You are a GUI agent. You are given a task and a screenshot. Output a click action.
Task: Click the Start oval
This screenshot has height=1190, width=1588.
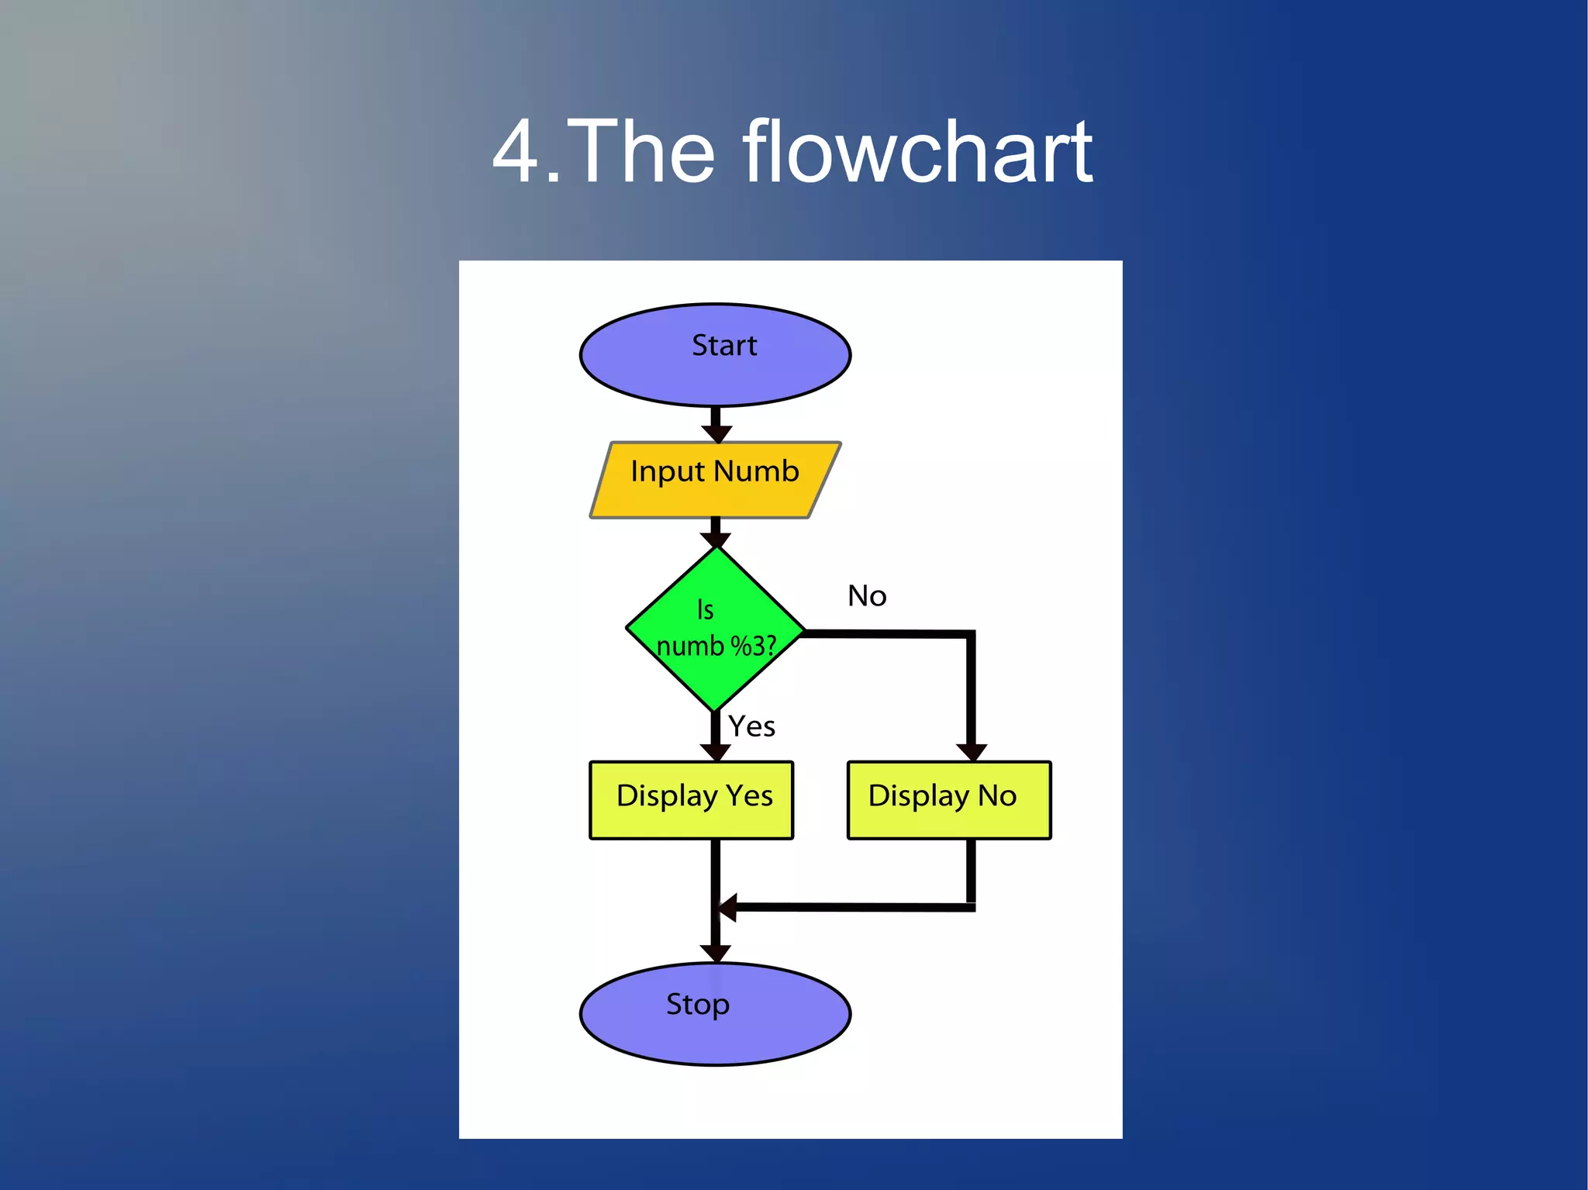(x=715, y=354)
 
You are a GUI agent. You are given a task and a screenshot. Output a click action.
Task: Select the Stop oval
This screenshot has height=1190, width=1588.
(x=715, y=1013)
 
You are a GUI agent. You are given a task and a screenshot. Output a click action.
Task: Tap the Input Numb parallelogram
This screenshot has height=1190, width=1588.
(x=715, y=480)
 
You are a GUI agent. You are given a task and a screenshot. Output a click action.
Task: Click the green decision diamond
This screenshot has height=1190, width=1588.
(x=715, y=629)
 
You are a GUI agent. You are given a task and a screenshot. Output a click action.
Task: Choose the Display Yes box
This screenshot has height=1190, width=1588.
(x=691, y=800)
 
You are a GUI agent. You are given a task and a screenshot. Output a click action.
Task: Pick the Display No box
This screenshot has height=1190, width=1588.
(x=949, y=800)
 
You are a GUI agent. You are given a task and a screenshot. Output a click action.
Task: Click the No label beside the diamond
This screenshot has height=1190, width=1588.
(x=867, y=596)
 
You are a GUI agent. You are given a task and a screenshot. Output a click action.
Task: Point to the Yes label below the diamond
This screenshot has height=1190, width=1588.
(x=751, y=727)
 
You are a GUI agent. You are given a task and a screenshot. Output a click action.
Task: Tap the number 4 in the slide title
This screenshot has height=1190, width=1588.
(x=516, y=152)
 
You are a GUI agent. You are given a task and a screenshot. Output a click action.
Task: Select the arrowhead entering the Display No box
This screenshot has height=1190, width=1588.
(x=971, y=751)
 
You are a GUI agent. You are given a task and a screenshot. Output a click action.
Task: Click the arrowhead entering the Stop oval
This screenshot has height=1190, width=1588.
(x=715, y=953)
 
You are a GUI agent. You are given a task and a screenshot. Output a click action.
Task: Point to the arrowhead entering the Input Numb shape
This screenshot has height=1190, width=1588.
(x=716, y=433)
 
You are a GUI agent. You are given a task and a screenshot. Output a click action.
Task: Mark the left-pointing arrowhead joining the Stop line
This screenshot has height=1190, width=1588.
(x=727, y=906)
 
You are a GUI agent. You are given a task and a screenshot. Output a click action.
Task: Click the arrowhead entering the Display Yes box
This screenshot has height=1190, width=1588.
(x=715, y=751)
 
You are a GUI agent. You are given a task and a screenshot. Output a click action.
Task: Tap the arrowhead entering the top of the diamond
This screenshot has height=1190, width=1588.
(x=716, y=540)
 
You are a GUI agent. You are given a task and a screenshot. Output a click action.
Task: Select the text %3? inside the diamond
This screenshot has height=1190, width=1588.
(x=753, y=646)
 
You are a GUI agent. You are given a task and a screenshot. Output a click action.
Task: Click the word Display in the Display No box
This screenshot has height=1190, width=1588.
(x=919, y=796)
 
